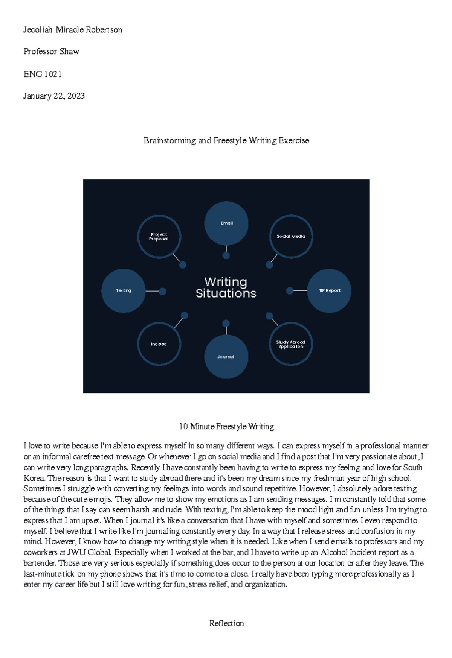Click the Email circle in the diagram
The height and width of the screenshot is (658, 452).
point(226,223)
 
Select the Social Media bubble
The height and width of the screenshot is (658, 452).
point(291,236)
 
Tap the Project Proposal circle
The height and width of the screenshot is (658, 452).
point(159,237)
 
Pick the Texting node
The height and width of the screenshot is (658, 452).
point(124,291)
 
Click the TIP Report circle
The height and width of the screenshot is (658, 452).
point(329,291)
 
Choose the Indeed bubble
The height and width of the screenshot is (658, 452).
point(159,344)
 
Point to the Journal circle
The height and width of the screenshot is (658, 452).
point(226,357)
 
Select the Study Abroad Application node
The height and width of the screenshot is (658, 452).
point(291,344)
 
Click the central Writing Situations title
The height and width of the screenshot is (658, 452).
point(226,287)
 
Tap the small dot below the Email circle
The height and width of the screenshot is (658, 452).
point(226,256)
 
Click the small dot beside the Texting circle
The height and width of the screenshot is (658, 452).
point(163,291)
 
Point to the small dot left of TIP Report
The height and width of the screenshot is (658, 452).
point(290,291)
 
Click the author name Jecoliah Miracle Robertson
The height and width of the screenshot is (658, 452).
point(73,30)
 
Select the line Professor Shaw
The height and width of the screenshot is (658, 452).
point(51,52)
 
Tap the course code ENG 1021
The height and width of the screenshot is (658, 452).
point(43,74)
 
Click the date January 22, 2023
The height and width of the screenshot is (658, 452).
point(54,96)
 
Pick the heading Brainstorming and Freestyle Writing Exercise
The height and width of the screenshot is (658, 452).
point(226,141)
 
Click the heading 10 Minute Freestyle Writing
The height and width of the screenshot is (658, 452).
point(226,426)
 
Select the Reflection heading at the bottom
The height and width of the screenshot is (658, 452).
point(226,623)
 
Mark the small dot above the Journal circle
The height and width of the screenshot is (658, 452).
point(226,324)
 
